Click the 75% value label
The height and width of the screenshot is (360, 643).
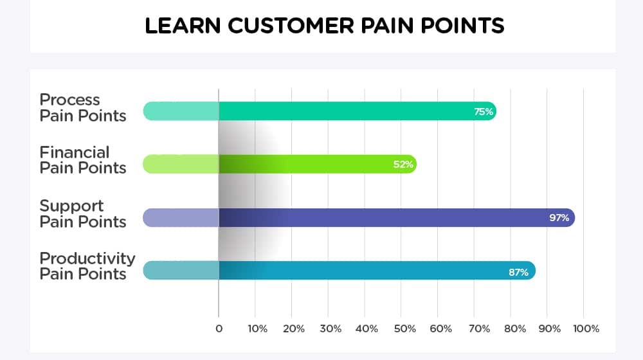(484, 111)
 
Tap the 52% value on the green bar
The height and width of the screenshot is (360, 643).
(403, 165)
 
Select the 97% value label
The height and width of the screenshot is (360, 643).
(559, 218)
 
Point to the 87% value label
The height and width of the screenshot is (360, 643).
(518, 273)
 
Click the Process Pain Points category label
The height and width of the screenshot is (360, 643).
(83, 108)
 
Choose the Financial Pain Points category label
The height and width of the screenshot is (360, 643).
(83, 160)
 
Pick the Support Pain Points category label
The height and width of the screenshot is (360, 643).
(83, 213)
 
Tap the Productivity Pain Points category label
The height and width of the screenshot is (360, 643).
(87, 266)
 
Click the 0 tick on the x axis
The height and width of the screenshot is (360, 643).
(219, 328)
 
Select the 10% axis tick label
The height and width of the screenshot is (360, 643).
(258, 328)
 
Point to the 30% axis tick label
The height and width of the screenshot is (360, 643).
(331, 328)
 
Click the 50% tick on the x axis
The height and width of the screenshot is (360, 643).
(404, 328)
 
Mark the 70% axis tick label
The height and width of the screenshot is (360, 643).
(480, 328)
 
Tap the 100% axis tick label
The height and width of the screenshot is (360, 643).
(586, 328)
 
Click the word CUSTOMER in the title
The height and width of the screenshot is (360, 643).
(291, 26)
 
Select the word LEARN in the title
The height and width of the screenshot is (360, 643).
(183, 26)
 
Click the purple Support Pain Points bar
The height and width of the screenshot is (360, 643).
(359, 218)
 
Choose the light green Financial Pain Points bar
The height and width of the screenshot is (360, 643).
(280, 165)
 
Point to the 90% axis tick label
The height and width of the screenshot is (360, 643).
(550, 328)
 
